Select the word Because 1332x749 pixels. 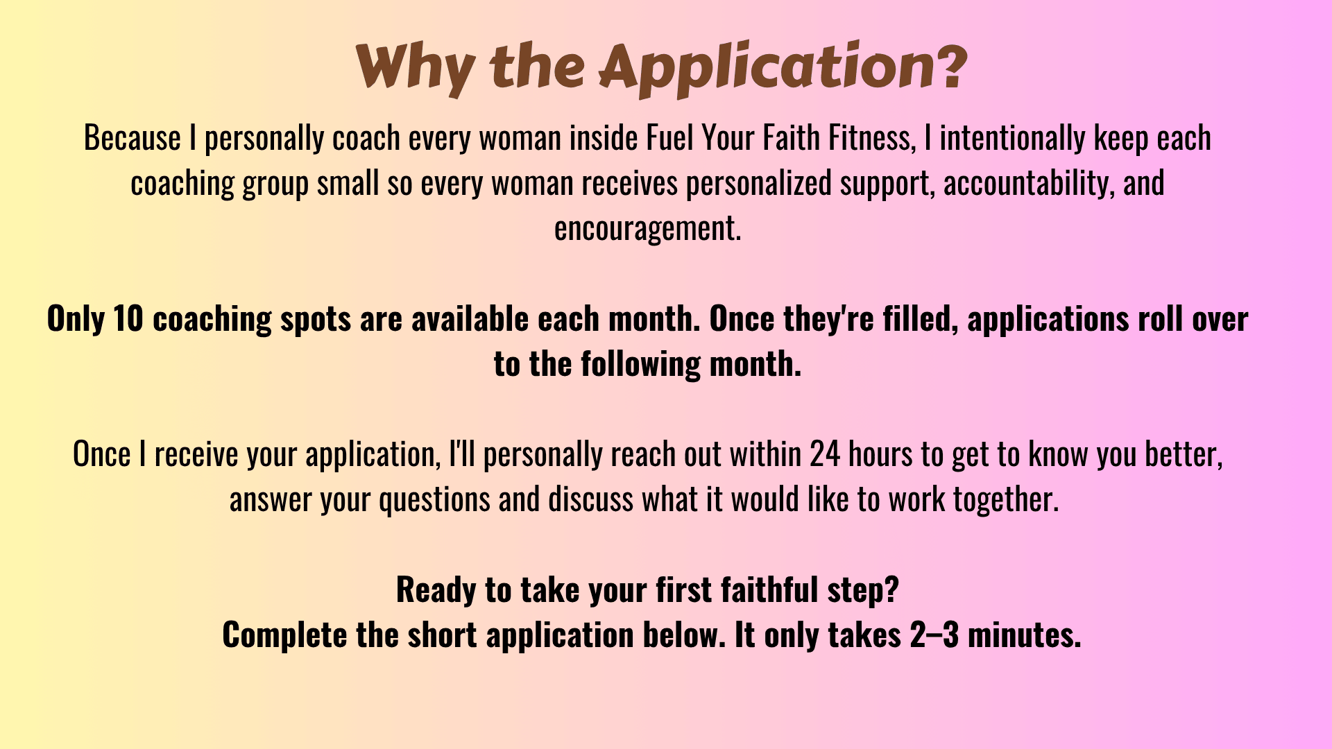pyautogui.click(x=133, y=138)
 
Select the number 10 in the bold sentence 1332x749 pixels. pyautogui.click(x=128, y=318)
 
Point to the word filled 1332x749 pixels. pyautogui.click(x=921, y=319)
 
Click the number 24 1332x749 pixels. pyautogui.click(x=825, y=454)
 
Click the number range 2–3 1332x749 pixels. pyautogui.click(x=934, y=635)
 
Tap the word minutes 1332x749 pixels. pyautogui.click(x=1024, y=635)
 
